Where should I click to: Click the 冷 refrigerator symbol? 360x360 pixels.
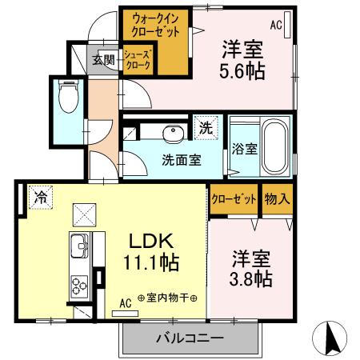(38, 197)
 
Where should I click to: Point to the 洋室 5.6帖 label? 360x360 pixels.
(242, 58)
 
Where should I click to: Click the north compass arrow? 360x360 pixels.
(331, 338)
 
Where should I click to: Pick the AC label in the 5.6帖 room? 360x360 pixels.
(276, 25)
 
